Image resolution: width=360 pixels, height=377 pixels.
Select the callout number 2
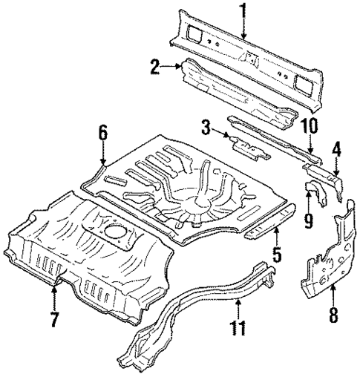click(155, 68)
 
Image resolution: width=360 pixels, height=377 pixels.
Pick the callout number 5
click(277, 257)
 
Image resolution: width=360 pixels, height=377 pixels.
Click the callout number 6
click(103, 134)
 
